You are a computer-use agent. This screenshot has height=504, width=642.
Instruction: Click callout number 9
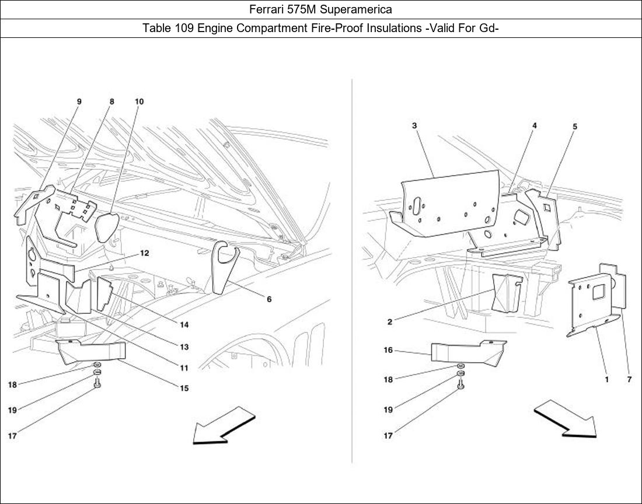tap(79, 101)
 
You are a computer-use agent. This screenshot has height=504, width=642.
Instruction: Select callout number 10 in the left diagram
tap(139, 101)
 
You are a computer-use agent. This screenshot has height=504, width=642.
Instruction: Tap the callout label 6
tap(269, 300)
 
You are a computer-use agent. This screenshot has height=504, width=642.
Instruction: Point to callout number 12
tap(144, 253)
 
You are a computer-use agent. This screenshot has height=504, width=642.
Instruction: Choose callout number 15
tap(184, 388)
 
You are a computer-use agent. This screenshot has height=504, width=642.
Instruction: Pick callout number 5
tap(574, 126)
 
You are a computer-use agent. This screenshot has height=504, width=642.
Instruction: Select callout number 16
tap(388, 351)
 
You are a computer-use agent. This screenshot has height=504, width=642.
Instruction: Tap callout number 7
tap(629, 379)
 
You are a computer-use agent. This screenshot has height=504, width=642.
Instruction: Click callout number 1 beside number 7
tap(607, 379)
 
